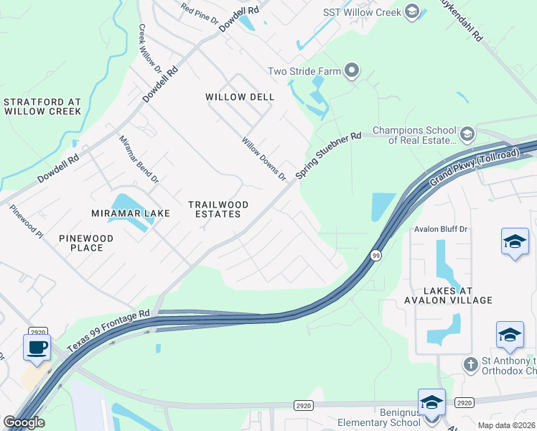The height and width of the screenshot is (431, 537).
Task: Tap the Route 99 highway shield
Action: pos(375,255)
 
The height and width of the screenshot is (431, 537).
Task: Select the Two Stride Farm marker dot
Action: pos(352,70)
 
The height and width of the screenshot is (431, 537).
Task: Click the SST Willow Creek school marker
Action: pos(411,11)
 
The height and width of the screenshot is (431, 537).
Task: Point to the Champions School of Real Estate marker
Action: pos(467,134)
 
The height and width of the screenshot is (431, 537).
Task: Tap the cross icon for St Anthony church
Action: pos(470,364)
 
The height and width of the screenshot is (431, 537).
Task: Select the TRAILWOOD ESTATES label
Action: pos(218,210)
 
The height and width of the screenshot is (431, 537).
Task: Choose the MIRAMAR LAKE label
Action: pos(131,213)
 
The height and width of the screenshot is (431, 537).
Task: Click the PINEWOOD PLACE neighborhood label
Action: pos(86,243)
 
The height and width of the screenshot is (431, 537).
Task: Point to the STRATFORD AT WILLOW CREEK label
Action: pos(42,107)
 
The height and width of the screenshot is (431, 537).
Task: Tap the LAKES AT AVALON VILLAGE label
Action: pos(448,295)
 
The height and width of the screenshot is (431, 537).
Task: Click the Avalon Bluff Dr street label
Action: pos(441,229)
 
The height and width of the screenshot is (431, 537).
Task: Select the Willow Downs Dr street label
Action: pos(264,159)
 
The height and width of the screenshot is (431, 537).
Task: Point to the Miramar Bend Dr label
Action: pos(139,159)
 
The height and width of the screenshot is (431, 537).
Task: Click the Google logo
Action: pos(24,422)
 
